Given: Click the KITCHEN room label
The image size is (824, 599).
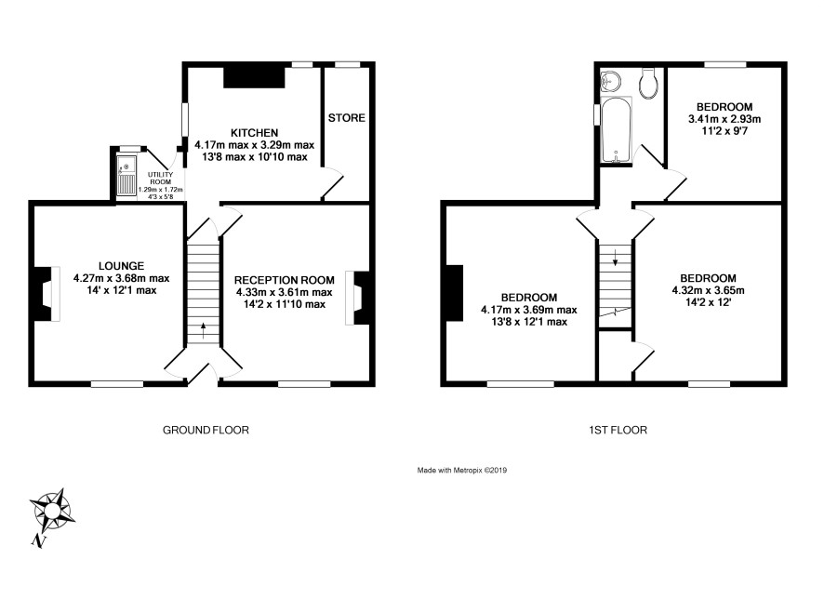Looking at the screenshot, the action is [254, 132].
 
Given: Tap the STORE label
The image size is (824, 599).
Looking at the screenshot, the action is [346, 118].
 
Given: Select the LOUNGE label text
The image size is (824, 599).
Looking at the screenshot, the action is [121, 266].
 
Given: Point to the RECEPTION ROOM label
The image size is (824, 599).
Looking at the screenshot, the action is [284, 280].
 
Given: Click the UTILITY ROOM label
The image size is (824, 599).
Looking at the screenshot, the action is [160, 179].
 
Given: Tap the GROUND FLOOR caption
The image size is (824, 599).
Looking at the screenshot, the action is [206, 430].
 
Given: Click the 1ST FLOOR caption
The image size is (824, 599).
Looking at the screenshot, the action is [618, 430].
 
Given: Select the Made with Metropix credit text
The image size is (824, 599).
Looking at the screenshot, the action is [462, 471].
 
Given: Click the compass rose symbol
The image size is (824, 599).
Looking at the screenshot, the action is [53, 510].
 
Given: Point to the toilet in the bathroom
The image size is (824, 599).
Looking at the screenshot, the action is [648, 83].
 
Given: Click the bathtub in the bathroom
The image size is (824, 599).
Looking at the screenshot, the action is [616, 130].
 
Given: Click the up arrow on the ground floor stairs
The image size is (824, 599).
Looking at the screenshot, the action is [204, 331].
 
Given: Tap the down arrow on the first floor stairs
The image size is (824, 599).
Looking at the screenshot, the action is [616, 257].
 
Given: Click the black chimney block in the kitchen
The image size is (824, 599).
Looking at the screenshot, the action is [254, 77].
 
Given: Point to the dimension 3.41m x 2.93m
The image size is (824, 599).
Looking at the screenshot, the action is [724, 119].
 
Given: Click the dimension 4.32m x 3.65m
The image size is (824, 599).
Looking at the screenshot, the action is [708, 290].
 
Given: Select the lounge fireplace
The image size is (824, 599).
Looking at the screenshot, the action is [46, 294].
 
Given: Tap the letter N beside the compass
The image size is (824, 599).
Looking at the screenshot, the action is [37, 540].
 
